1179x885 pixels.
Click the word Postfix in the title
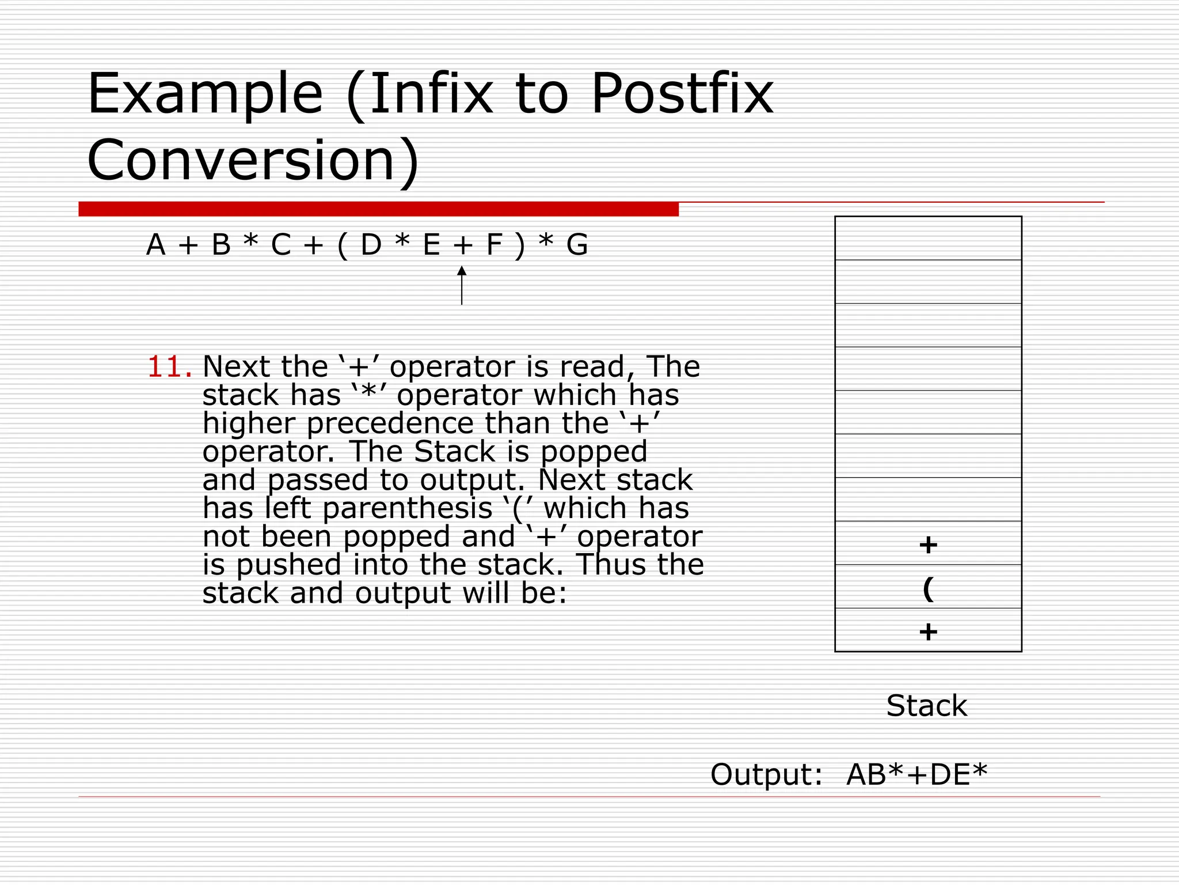(682, 93)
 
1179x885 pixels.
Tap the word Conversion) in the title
(253, 160)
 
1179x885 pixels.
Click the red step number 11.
(169, 367)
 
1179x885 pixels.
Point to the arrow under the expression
(462, 285)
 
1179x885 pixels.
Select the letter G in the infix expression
(577, 245)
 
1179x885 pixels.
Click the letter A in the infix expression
(156, 245)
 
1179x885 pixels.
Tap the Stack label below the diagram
(926, 706)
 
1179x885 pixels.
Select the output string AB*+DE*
(916, 774)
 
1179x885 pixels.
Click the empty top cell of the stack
(928, 239)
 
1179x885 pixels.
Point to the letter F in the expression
(494, 245)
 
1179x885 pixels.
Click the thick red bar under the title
(378, 209)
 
